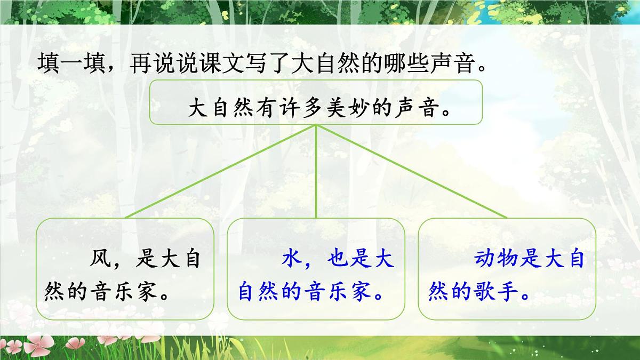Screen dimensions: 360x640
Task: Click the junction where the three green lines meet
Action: click(317, 126)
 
